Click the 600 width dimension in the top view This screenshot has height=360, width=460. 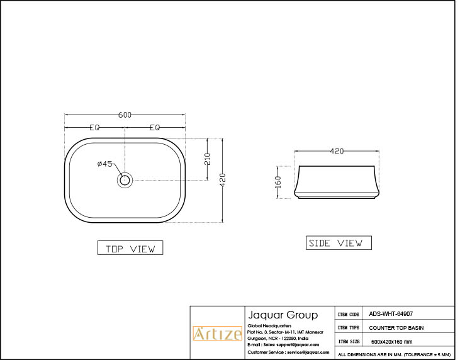(x=125, y=115)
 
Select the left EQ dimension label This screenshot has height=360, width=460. (x=94, y=127)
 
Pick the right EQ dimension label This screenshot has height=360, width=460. (x=155, y=127)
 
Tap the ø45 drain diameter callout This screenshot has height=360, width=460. (x=104, y=164)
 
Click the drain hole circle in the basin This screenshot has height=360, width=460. (x=125, y=180)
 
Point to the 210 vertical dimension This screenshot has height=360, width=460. (x=208, y=159)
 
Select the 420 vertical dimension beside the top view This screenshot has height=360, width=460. (x=223, y=180)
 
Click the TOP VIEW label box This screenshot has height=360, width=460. (x=130, y=249)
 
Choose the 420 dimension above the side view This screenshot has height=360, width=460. (x=337, y=151)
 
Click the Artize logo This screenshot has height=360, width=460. (x=216, y=334)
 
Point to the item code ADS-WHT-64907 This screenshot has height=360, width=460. (x=391, y=313)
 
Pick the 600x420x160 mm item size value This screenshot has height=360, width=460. (x=392, y=342)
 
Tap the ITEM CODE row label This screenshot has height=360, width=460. (x=349, y=313)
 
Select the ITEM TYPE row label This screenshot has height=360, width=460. (x=349, y=328)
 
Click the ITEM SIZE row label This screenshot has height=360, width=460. (x=349, y=342)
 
